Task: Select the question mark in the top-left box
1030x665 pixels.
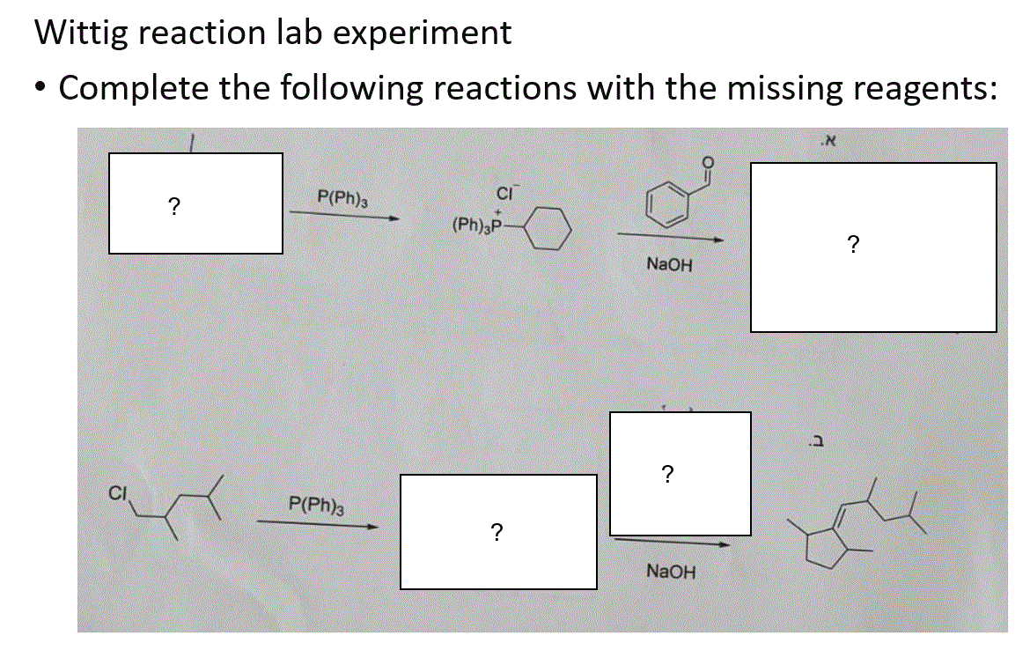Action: click(174, 206)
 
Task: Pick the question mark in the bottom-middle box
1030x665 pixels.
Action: click(497, 531)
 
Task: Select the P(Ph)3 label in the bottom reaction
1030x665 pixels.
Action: click(316, 505)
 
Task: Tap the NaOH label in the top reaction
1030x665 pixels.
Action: click(669, 263)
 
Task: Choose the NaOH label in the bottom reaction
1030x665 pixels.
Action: click(670, 572)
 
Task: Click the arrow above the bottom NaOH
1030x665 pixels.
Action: click(672, 543)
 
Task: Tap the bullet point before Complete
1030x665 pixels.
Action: click(40, 89)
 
